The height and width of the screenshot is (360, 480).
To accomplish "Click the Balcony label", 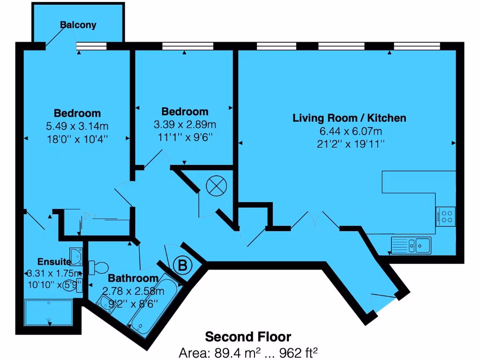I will click(x=78, y=25).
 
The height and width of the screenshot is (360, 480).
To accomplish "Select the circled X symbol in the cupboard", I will click(x=216, y=187).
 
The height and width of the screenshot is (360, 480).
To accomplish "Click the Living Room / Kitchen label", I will click(x=349, y=118).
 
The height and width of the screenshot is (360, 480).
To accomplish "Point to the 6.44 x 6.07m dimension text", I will click(x=349, y=131).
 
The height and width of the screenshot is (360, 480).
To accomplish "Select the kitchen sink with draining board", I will click(x=411, y=245).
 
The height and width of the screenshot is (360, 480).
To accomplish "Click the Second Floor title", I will click(x=248, y=337).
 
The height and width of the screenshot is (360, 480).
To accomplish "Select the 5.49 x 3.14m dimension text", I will click(x=77, y=126).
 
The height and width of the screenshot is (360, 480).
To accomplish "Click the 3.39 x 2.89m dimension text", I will click(x=185, y=125).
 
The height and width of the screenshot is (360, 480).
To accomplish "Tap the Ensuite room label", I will click(x=54, y=262).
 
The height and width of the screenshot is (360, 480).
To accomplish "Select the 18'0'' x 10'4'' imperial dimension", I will click(x=77, y=139).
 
